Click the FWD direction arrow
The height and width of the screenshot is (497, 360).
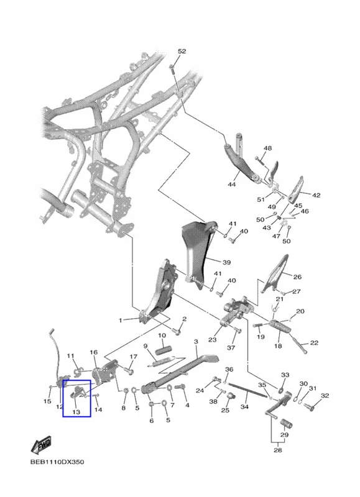pyautogui.click(x=41, y=445)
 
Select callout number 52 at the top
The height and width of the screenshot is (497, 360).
pyautogui.click(x=182, y=52)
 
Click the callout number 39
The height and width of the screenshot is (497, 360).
pyautogui.click(x=226, y=262)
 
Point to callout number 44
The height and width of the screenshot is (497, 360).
pyautogui.click(x=232, y=184)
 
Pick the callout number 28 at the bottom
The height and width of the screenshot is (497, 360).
pyautogui.click(x=277, y=450)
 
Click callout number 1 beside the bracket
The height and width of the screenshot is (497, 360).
pyautogui.click(x=120, y=321)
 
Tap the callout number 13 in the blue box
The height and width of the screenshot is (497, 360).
pyautogui.click(x=76, y=412)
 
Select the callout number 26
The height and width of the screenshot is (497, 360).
pyautogui.click(x=297, y=277)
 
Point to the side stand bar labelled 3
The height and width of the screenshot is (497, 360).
pyautogui.click(x=179, y=373)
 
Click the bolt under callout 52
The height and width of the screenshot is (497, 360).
pyautogui.click(x=172, y=70)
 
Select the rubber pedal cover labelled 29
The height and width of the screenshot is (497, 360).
pyautogui.click(x=287, y=424)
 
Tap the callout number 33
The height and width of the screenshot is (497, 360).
pyautogui.click(x=285, y=375)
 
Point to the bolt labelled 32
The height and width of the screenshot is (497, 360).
pyautogui.click(x=309, y=406)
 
